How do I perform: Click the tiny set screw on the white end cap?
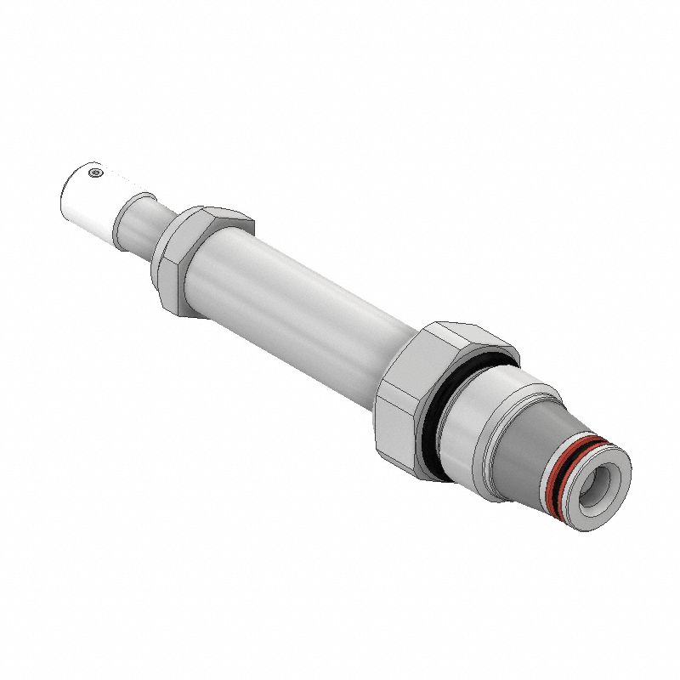point(95,173)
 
